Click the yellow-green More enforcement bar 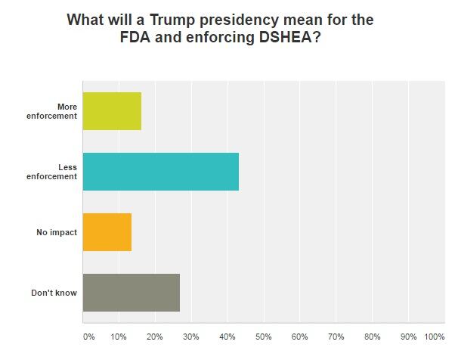pyautogui.click(x=112, y=111)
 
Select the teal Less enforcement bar pyautogui.click(x=160, y=172)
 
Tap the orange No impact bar pyautogui.click(x=107, y=232)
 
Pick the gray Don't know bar pyautogui.click(x=131, y=293)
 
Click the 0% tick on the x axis pyautogui.click(x=88, y=336)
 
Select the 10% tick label pyautogui.click(x=119, y=336)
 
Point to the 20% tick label pyautogui.click(x=155, y=336)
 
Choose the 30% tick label pyautogui.click(x=191, y=336)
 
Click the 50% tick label pyautogui.click(x=264, y=336)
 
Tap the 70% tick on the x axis pyautogui.click(x=336, y=336)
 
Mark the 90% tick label pyautogui.click(x=409, y=336)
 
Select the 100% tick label pyautogui.click(x=435, y=336)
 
